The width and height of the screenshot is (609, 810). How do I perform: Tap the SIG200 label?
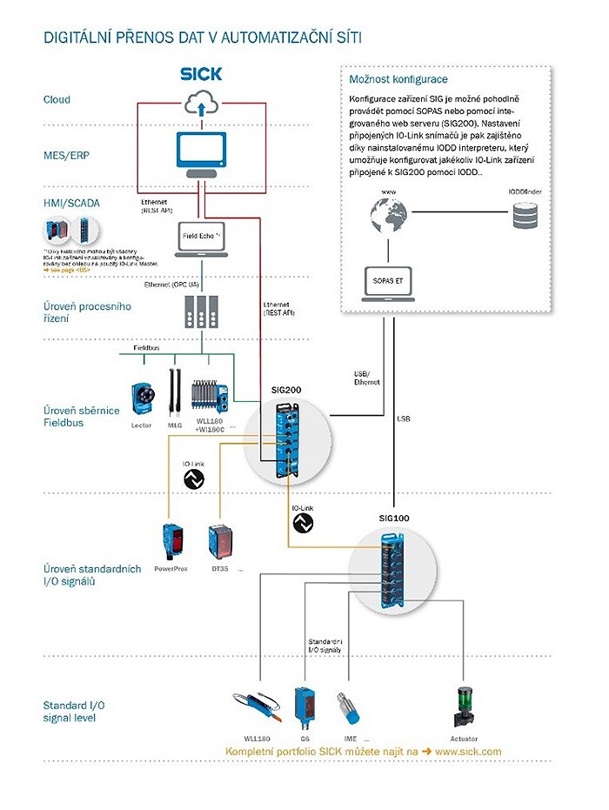pyautogui.click(x=285, y=392)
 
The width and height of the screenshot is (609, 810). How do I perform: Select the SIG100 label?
pyautogui.click(x=393, y=518)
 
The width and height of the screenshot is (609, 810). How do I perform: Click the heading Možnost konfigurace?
pyautogui.click(x=386, y=79)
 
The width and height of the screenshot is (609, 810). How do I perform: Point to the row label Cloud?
pyautogui.click(x=57, y=100)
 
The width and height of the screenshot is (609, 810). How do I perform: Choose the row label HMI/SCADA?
pyautogui.click(x=71, y=203)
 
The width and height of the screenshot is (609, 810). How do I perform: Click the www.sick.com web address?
pyautogui.click(x=468, y=751)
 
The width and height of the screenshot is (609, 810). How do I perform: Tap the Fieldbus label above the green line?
pyautogui.click(x=145, y=346)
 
